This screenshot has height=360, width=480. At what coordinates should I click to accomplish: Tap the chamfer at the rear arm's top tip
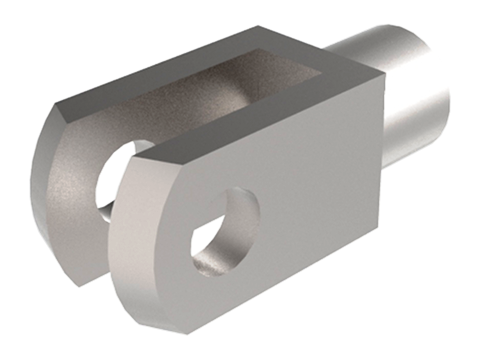point(60,108)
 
